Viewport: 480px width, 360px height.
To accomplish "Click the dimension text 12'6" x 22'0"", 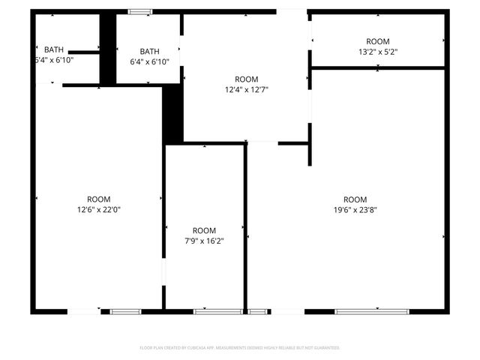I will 99,210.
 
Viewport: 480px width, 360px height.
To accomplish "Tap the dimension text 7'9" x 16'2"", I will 204,241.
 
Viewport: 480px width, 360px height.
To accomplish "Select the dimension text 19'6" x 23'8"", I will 355,210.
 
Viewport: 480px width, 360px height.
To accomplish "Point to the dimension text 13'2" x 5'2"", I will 377,52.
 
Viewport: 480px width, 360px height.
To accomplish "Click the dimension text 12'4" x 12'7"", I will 247,90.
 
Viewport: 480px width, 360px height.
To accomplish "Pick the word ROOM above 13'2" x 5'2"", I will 377,41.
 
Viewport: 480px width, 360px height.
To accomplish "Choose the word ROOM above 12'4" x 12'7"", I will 247,79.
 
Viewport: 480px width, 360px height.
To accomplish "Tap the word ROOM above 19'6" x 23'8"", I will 355,199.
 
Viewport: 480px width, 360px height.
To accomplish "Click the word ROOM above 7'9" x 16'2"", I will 204,230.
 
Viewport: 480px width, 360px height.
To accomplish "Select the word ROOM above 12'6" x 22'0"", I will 99,199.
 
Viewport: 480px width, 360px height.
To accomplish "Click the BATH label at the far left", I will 54,49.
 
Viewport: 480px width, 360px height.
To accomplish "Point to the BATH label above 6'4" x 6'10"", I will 149,51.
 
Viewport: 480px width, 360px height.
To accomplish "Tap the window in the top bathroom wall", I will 139,12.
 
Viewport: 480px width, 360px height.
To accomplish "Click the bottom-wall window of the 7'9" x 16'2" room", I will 208,311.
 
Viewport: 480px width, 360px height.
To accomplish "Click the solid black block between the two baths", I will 108,48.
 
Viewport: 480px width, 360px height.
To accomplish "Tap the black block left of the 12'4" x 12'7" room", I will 173,112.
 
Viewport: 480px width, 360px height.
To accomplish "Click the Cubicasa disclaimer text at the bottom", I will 240,348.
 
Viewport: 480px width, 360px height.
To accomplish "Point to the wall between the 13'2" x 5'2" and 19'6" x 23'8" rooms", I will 378,68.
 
